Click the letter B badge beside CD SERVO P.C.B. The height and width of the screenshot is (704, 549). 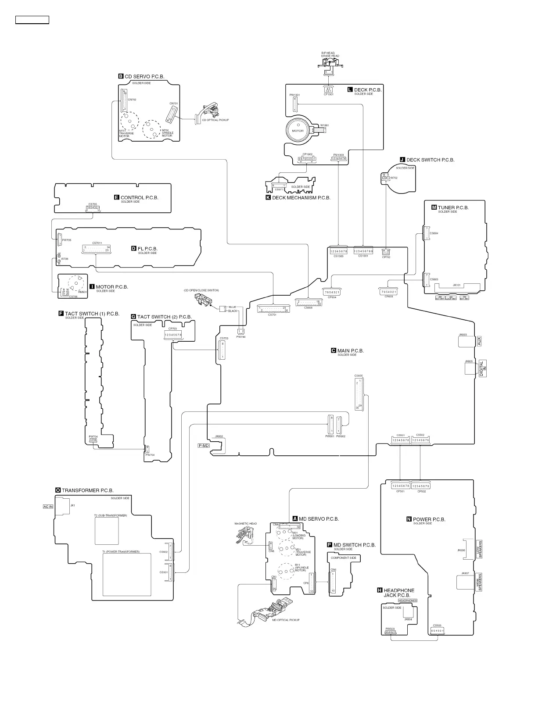pos(121,76)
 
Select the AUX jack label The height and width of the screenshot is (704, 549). pos(479,340)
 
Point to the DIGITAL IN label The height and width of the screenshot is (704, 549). pos(482,368)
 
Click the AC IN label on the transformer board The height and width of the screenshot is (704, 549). pos(48,507)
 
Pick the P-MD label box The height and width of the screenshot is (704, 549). pos(204,446)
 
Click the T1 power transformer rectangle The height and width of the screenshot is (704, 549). pos(126,574)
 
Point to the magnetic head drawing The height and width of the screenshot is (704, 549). pos(244,535)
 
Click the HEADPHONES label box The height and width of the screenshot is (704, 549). pos(408,600)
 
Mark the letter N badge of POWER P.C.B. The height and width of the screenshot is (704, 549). pos(409,519)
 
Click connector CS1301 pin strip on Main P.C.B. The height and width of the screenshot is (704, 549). pos(363,251)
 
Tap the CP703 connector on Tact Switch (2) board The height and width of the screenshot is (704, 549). pos(173,335)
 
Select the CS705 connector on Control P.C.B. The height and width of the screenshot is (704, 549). pos(93,207)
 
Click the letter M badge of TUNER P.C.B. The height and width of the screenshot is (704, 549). pos(434,207)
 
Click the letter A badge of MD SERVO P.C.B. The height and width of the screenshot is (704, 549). pos(295,519)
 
